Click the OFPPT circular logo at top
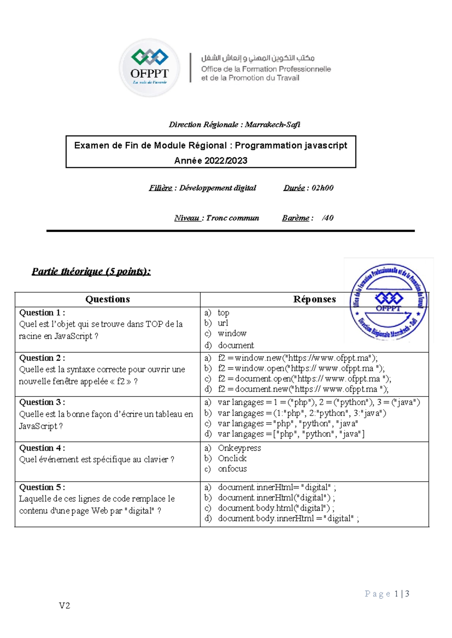pyautogui.click(x=150, y=68)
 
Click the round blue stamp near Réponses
pyautogui.click(x=388, y=301)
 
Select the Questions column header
pyautogui.click(x=107, y=299)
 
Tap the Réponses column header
pyautogui.click(x=314, y=299)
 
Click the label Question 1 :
pyautogui.click(x=42, y=313)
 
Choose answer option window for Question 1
pyautogui.click(x=232, y=334)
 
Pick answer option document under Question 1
pyautogui.click(x=235, y=345)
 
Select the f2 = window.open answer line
pyautogui.click(x=301, y=368)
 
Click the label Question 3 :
pyautogui.click(x=42, y=402)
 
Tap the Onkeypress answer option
pyautogui.click(x=239, y=448)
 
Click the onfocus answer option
pyautogui.click(x=232, y=469)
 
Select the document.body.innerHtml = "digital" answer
pyautogui.click(x=288, y=519)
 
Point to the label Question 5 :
pyautogui.click(x=42, y=488)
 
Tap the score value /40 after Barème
pyautogui.click(x=328, y=218)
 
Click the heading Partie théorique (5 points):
pyautogui.click(x=91, y=271)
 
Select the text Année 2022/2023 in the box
pyautogui.click(x=211, y=161)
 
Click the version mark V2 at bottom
pyautogui.click(x=64, y=606)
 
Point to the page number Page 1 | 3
pyautogui.click(x=387, y=594)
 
